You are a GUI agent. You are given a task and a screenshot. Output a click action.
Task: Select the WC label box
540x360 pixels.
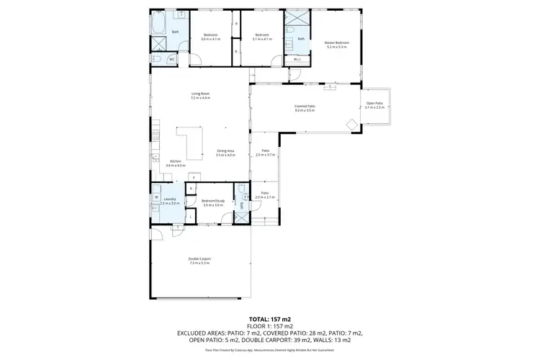coord(172,59)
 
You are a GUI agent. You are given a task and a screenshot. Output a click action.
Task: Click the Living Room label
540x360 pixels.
coord(200,94)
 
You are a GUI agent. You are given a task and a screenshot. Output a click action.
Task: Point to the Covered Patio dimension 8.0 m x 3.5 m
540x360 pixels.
coord(305,110)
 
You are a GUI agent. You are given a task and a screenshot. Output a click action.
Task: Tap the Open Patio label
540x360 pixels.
coord(374,104)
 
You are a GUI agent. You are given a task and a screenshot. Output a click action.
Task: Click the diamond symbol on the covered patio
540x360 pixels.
coord(352,125)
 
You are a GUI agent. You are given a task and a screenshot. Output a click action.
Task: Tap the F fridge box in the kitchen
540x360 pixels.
coord(192,176)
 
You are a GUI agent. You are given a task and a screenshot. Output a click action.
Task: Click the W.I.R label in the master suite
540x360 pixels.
coord(297,59)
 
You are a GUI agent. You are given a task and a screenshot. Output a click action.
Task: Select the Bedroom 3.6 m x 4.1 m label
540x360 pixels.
coord(211,36)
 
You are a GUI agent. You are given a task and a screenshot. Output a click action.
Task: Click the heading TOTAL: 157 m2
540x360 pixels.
coord(269,318)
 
